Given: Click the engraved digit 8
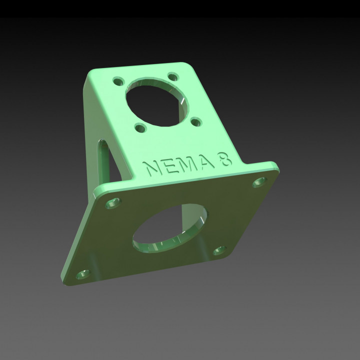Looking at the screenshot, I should (x=225, y=159).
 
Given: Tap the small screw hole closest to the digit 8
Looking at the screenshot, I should (x=196, y=121).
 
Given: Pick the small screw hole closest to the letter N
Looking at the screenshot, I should (x=140, y=128).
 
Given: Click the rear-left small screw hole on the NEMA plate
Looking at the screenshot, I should (x=118, y=80).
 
